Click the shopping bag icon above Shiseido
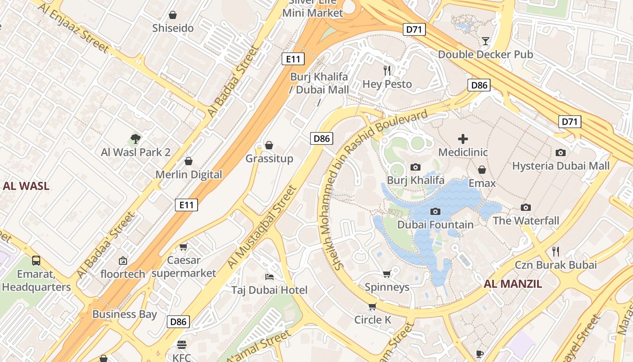pyautogui.click(x=172, y=15)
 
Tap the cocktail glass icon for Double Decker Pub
pyautogui.click(x=486, y=41)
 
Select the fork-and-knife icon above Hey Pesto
pyautogui.click(x=387, y=70)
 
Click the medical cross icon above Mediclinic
pyautogui.click(x=463, y=139)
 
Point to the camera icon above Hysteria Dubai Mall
pyautogui.click(x=561, y=152)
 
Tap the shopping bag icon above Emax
pyautogui.click(x=482, y=170)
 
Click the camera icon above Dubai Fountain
pyautogui.click(x=435, y=211)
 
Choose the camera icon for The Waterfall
pyautogui.click(x=526, y=207)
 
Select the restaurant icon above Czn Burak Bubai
pyautogui.click(x=556, y=251)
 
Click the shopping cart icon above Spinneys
pyautogui.click(x=387, y=274)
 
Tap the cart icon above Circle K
pyautogui.click(x=372, y=307)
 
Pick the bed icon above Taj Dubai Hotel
pyautogui.click(x=269, y=276)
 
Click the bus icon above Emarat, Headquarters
pyautogui.click(x=36, y=261)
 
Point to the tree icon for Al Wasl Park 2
pyautogui.click(x=135, y=138)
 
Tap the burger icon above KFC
pyautogui.click(x=182, y=345)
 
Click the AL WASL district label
pyautogui.click(x=26, y=186)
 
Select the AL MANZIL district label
pyautogui.click(x=513, y=284)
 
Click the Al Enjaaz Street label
pyautogui.click(x=73, y=28)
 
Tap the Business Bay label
pyautogui.click(x=124, y=314)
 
